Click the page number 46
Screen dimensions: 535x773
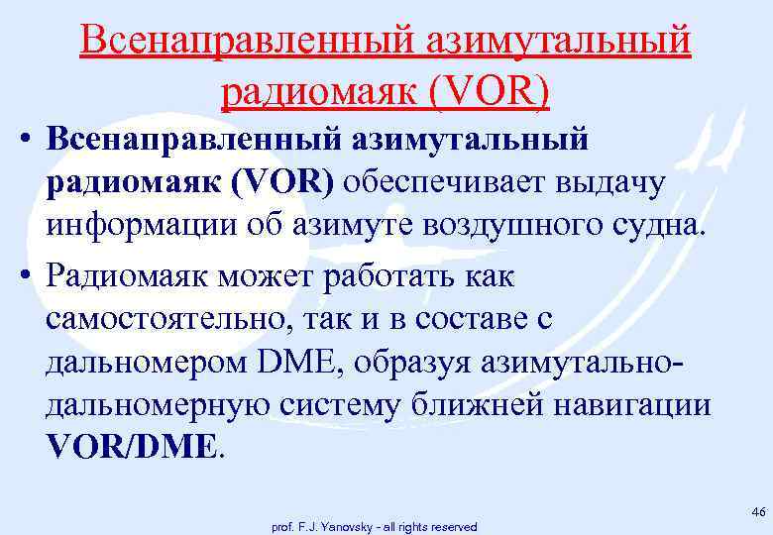pos(758,511)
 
